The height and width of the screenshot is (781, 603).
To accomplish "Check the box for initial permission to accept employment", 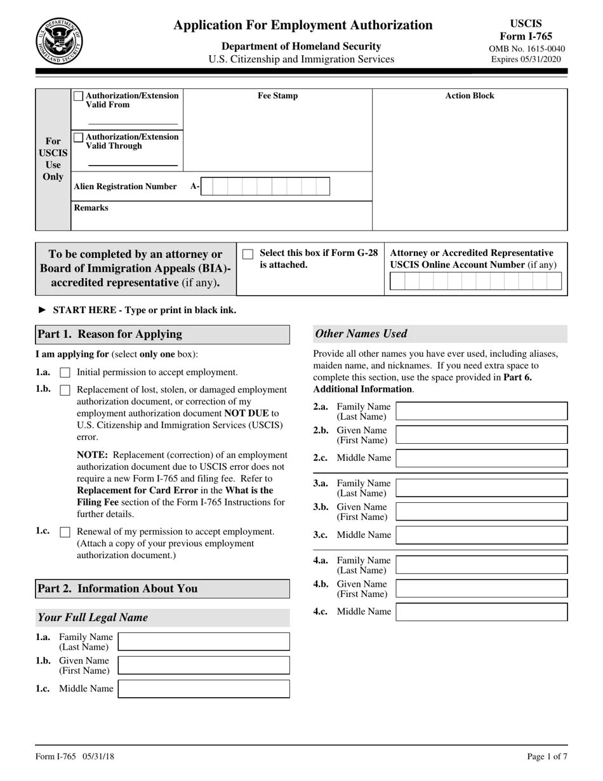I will [x=65, y=373].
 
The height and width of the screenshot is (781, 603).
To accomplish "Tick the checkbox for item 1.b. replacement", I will [x=65, y=390].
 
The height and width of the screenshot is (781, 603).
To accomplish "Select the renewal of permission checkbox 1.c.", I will [x=65, y=532].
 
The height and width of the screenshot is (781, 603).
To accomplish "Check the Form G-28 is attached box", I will [x=248, y=254].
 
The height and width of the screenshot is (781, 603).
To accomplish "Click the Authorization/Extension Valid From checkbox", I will [x=78, y=96].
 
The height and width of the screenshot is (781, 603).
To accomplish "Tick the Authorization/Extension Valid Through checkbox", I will [x=78, y=137].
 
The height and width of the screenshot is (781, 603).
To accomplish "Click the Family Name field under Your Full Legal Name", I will [x=204, y=642].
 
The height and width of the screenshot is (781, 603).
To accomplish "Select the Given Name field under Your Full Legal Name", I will [x=204, y=665].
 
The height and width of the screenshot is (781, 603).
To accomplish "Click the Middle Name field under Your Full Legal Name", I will [x=204, y=689].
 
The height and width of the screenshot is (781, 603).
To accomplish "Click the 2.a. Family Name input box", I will [x=481, y=411].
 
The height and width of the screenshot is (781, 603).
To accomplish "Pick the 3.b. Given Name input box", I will [x=481, y=512].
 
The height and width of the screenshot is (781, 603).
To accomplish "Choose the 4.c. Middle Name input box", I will [x=481, y=612].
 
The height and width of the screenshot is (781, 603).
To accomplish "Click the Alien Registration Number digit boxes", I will [x=265, y=187].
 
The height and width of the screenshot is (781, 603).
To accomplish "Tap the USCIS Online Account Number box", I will [x=475, y=281].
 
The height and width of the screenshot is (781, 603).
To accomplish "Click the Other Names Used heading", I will [x=361, y=334].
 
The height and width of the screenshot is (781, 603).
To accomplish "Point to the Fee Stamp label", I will [x=277, y=96].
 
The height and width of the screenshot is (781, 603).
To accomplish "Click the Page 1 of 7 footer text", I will [x=547, y=756].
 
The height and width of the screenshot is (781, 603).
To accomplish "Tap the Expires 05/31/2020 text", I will [x=526, y=59].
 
